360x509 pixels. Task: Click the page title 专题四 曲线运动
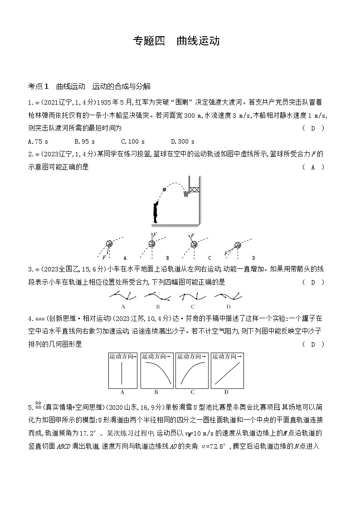[176, 41]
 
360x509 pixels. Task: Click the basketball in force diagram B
[151, 244]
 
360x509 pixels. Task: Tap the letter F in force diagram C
[193, 236]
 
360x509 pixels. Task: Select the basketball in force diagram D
[237, 245]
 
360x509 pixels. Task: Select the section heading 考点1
[38, 86]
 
